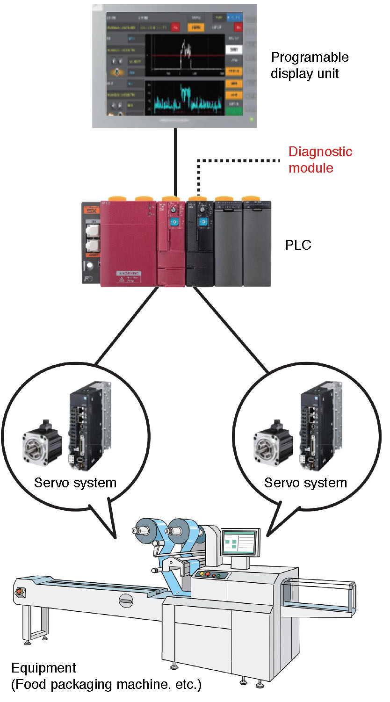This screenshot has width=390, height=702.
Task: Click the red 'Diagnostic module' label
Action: (x=320, y=159)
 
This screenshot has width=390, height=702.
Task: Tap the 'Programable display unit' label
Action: (x=310, y=65)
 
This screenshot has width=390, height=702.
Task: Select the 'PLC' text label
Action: (x=298, y=245)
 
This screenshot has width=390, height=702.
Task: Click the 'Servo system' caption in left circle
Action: (x=75, y=482)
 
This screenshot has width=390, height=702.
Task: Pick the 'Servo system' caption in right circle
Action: (x=305, y=482)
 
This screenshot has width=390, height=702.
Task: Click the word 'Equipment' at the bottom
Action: (x=43, y=667)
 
